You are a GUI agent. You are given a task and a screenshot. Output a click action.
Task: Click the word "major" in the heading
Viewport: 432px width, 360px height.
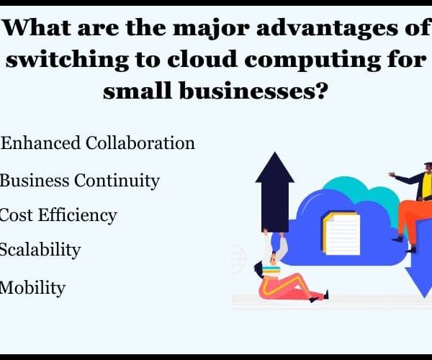(x=211, y=28)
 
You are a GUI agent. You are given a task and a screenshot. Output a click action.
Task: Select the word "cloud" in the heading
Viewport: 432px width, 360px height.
(x=202, y=60)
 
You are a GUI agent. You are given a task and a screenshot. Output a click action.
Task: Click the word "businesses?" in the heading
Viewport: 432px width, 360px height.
(x=253, y=90)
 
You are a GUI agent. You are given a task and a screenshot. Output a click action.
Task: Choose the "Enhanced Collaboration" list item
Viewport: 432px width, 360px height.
(x=98, y=143)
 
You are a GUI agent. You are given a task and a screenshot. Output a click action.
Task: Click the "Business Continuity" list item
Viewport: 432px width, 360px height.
(x=79, y=181)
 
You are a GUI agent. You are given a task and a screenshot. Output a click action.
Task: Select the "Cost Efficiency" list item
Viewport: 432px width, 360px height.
(x=58, y=215)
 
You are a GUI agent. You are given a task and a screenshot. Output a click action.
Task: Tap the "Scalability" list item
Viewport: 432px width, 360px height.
(x=40, y=250)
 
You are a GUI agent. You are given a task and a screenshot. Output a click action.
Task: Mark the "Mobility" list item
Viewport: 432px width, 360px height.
(x=32, y=288)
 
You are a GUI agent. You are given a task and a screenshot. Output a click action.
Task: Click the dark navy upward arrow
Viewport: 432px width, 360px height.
(x=275, y=192)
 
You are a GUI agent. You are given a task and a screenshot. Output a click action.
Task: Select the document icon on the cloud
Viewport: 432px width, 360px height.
(x=341, y=233)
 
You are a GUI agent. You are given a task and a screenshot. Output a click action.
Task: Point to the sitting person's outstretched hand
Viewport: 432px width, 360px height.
(x=392, y=174)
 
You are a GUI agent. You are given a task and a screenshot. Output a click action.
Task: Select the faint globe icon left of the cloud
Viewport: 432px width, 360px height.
(x=239, y=258)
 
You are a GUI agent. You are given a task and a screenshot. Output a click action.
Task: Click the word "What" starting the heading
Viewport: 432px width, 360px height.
(x=36, y=27)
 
